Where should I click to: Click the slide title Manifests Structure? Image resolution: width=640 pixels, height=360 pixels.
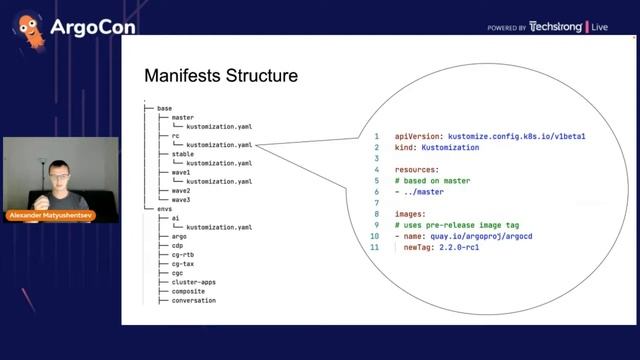click(220, 76)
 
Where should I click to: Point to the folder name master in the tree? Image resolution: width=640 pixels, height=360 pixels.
click(182, 118)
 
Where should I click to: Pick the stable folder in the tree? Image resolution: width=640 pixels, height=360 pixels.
click(182, 154)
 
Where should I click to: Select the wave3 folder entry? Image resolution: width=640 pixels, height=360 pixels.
click(180, 200)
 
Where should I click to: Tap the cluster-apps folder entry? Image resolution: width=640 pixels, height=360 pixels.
click(193, 282)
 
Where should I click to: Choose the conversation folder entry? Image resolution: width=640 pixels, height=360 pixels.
click(193, 300)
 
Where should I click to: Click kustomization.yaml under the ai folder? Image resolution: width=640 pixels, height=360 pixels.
click(218, 227)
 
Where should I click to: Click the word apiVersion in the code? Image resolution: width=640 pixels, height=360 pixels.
click(414, 135)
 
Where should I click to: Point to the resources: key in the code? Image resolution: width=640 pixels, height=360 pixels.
click(416, 169)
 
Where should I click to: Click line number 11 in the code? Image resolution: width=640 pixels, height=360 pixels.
click(375, 247)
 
